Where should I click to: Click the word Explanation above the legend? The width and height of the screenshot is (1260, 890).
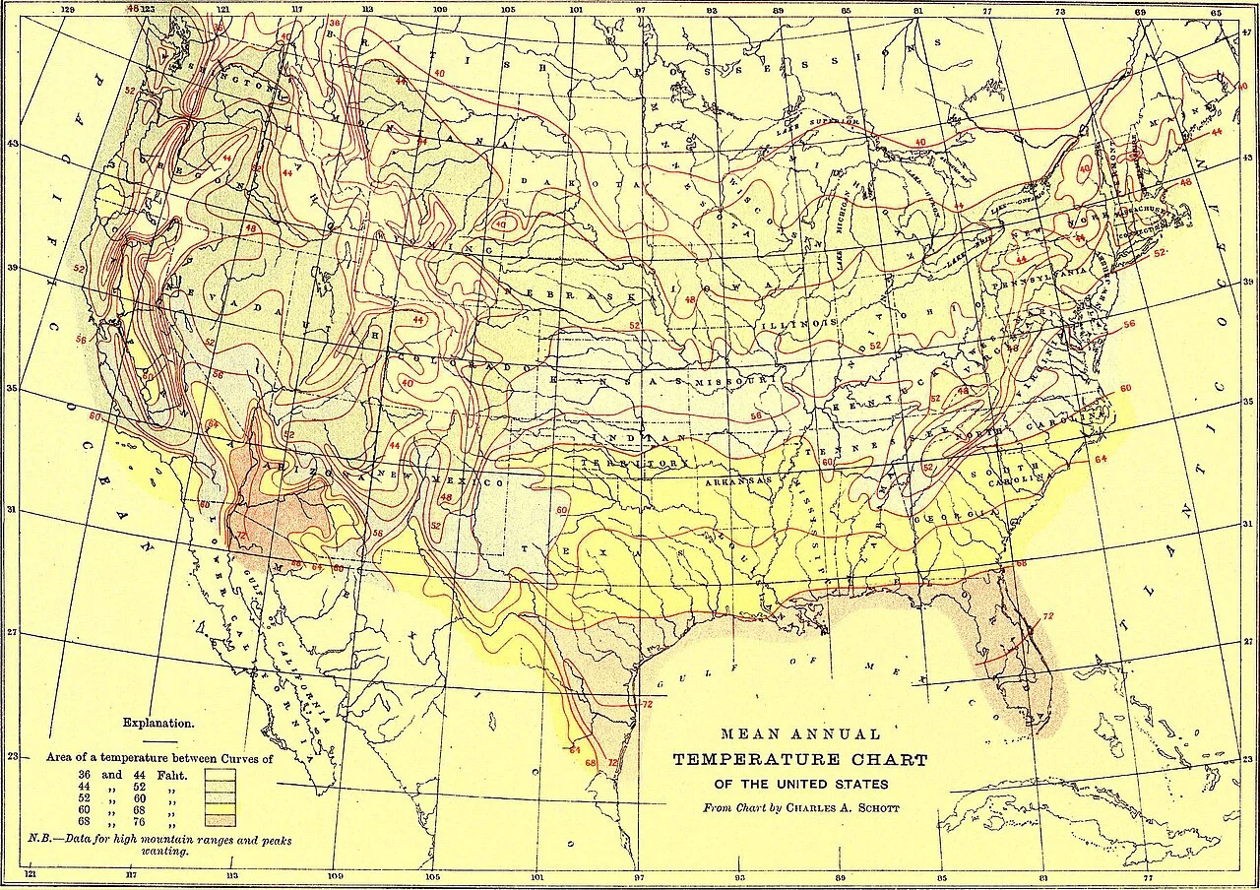tap(158, 724)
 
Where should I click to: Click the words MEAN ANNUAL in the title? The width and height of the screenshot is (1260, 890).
tap(800, 734)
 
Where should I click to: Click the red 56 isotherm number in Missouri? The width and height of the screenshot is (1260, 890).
tap(756, 416)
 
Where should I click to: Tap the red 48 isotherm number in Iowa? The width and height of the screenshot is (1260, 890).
tap(690, 299)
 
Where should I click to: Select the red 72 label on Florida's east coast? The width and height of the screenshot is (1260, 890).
tap(1047, 616)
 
